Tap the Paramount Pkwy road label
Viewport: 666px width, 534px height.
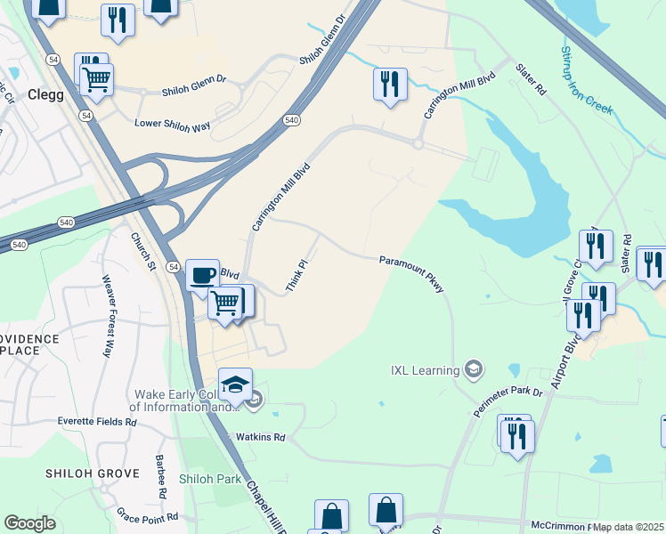tap(411, 274)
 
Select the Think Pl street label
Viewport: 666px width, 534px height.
tap(296, 276)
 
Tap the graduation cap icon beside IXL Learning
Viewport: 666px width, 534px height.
tap(475, 368)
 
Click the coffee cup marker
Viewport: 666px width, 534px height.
tap(203, 274)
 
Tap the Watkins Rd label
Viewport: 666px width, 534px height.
tap(259, 437)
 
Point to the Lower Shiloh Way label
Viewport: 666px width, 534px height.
tap(172, 125)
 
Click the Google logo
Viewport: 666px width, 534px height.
tap(29, 523)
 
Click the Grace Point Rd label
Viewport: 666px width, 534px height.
tap(148, 516)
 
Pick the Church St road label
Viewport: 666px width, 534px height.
tap(142, 253)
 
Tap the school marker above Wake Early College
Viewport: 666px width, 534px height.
tap(235, 384)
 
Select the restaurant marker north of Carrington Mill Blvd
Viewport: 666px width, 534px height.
tap(390, 85)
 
